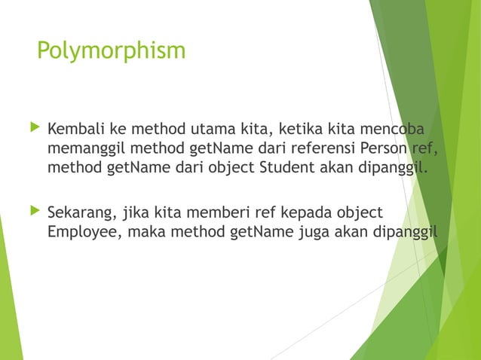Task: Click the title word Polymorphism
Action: tap(111, 51)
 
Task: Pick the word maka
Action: tap(146, 231)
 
